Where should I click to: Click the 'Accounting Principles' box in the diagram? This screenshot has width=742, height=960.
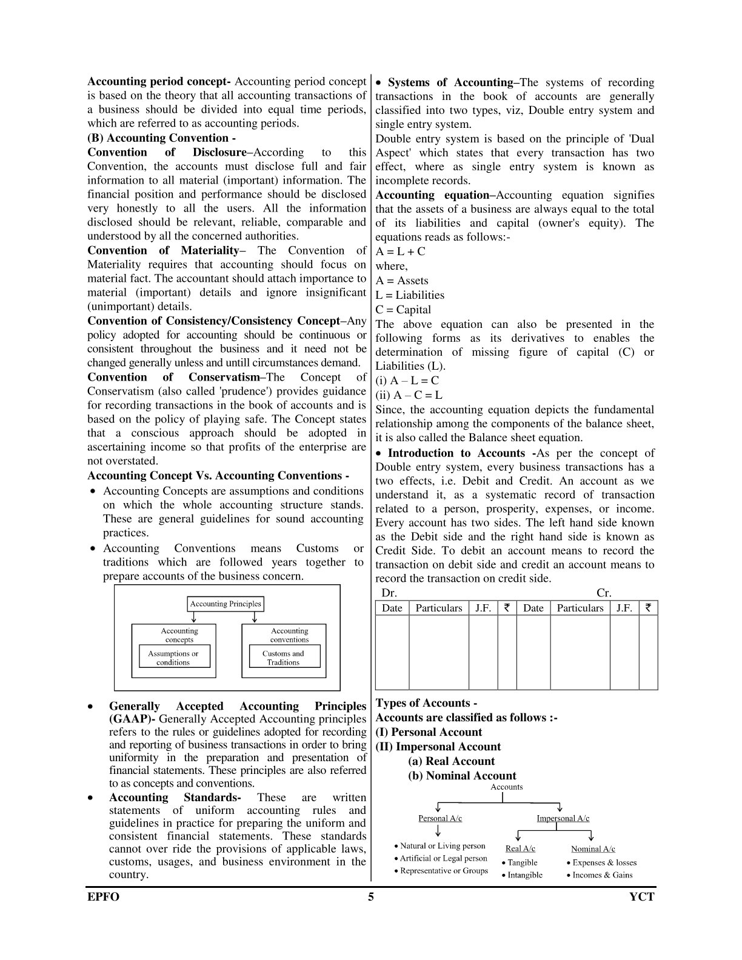pos(225,604)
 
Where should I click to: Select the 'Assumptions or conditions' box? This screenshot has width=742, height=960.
pos(173,658)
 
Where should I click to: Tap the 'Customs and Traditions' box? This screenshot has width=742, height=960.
pos(283,658)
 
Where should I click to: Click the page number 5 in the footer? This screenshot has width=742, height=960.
pos(371,897)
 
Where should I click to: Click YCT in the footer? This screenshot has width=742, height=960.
pos(642,897)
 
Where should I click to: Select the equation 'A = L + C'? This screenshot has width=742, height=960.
pos(401,252)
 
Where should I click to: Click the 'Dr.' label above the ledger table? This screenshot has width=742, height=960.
pos(389,593)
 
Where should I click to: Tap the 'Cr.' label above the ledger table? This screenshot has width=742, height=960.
pos(604,593)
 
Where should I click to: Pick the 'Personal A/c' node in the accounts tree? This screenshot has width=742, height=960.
pos(440,818)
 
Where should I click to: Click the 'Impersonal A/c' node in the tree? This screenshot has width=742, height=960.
pos(563,818)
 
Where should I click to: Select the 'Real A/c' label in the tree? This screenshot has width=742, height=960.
pos(520,848)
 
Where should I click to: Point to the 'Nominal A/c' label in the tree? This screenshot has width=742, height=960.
pos(593,848)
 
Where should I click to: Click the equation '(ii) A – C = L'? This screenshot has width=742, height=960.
pos(409,395)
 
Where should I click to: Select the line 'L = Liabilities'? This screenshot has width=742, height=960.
pos(410,295)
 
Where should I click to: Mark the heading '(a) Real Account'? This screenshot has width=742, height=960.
pos(452,761)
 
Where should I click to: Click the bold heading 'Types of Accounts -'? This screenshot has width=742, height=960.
pos(426,703)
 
